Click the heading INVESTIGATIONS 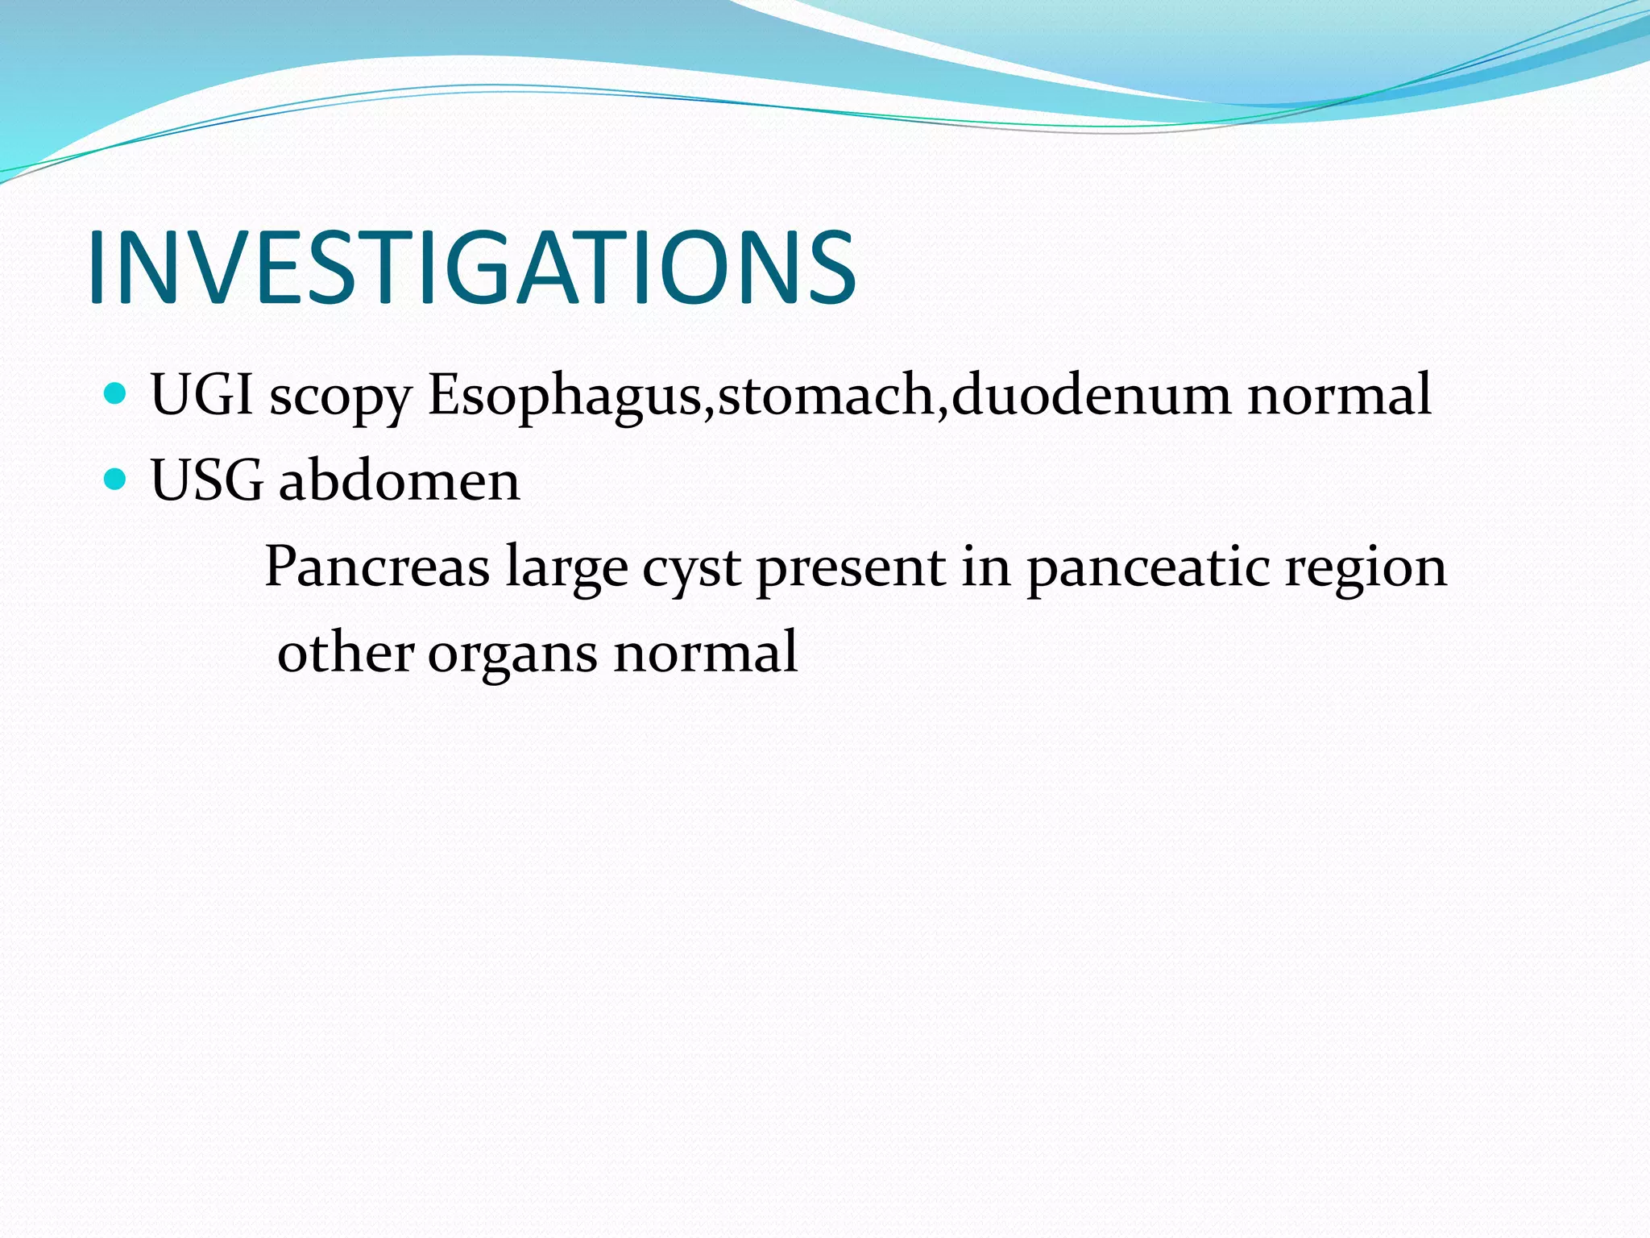point(471,268)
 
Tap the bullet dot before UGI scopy point(116,393)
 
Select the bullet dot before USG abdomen point(116,480)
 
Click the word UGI point(201,395)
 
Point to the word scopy point(340,399)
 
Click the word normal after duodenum point(1339,395)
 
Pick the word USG point(206,481)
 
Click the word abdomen point(400,481)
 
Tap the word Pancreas point(377,567)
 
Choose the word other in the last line point(346,653)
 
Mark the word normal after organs point(706,653)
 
